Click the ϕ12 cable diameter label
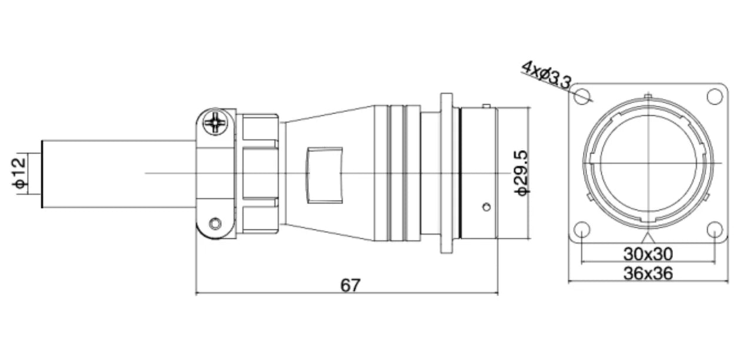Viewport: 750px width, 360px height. pyautogui.click(x=19, y=173)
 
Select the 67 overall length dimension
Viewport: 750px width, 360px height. pyautogui.click(x=350, y=286)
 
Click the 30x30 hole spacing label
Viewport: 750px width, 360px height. pyautogui.click(x=648, y=254)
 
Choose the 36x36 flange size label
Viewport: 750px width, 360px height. pyautogui.click(x=648, y=274)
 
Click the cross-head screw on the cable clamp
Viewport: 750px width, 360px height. pyautogui.click(x=215, y=122)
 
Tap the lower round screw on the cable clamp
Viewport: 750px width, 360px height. pyautogui.click(x=215, y=224)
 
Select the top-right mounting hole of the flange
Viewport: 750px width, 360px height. pyautogui.click(x=715, y=96)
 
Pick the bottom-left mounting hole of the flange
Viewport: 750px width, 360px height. pyautogui.click(x=582, y=230)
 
